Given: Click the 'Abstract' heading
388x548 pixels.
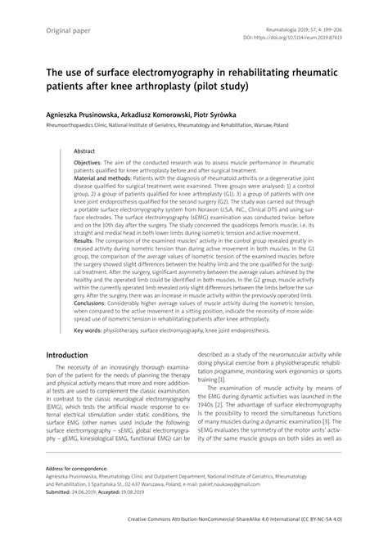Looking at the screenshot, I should (85, 151).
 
